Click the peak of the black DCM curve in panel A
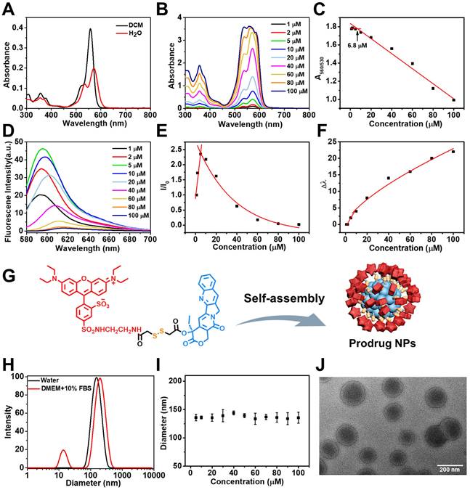pos(91,30)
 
